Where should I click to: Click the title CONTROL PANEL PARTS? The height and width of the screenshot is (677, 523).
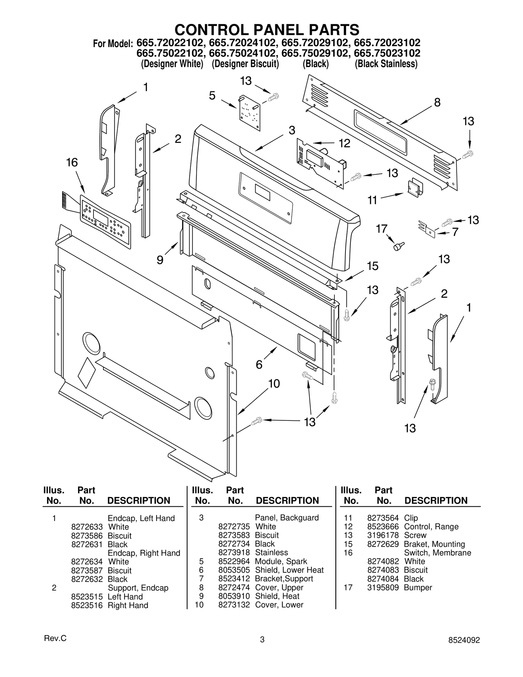point(267,30)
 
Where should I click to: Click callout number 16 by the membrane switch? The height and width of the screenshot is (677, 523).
point(72,162)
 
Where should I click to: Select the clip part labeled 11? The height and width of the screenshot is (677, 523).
point(414,188)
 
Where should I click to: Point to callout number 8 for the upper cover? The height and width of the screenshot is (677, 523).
point(437,102)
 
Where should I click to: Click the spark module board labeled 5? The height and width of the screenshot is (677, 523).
point(250,113)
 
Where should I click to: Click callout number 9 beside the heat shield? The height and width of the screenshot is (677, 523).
point(160,260)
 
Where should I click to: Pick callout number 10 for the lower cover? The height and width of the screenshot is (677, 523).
point(274,383)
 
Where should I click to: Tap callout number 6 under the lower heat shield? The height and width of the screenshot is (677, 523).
point(259,364)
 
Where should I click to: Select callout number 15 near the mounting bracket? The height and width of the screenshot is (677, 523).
point(372,266)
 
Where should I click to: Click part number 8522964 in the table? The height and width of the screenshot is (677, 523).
point(234,561)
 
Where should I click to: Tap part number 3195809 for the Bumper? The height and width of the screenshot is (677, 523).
point(383,587)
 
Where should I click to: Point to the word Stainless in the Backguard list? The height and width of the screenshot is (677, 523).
point(271,552)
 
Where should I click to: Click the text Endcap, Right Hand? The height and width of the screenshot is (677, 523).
point(144,553)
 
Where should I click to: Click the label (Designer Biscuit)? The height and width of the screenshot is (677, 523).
point(245,64)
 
